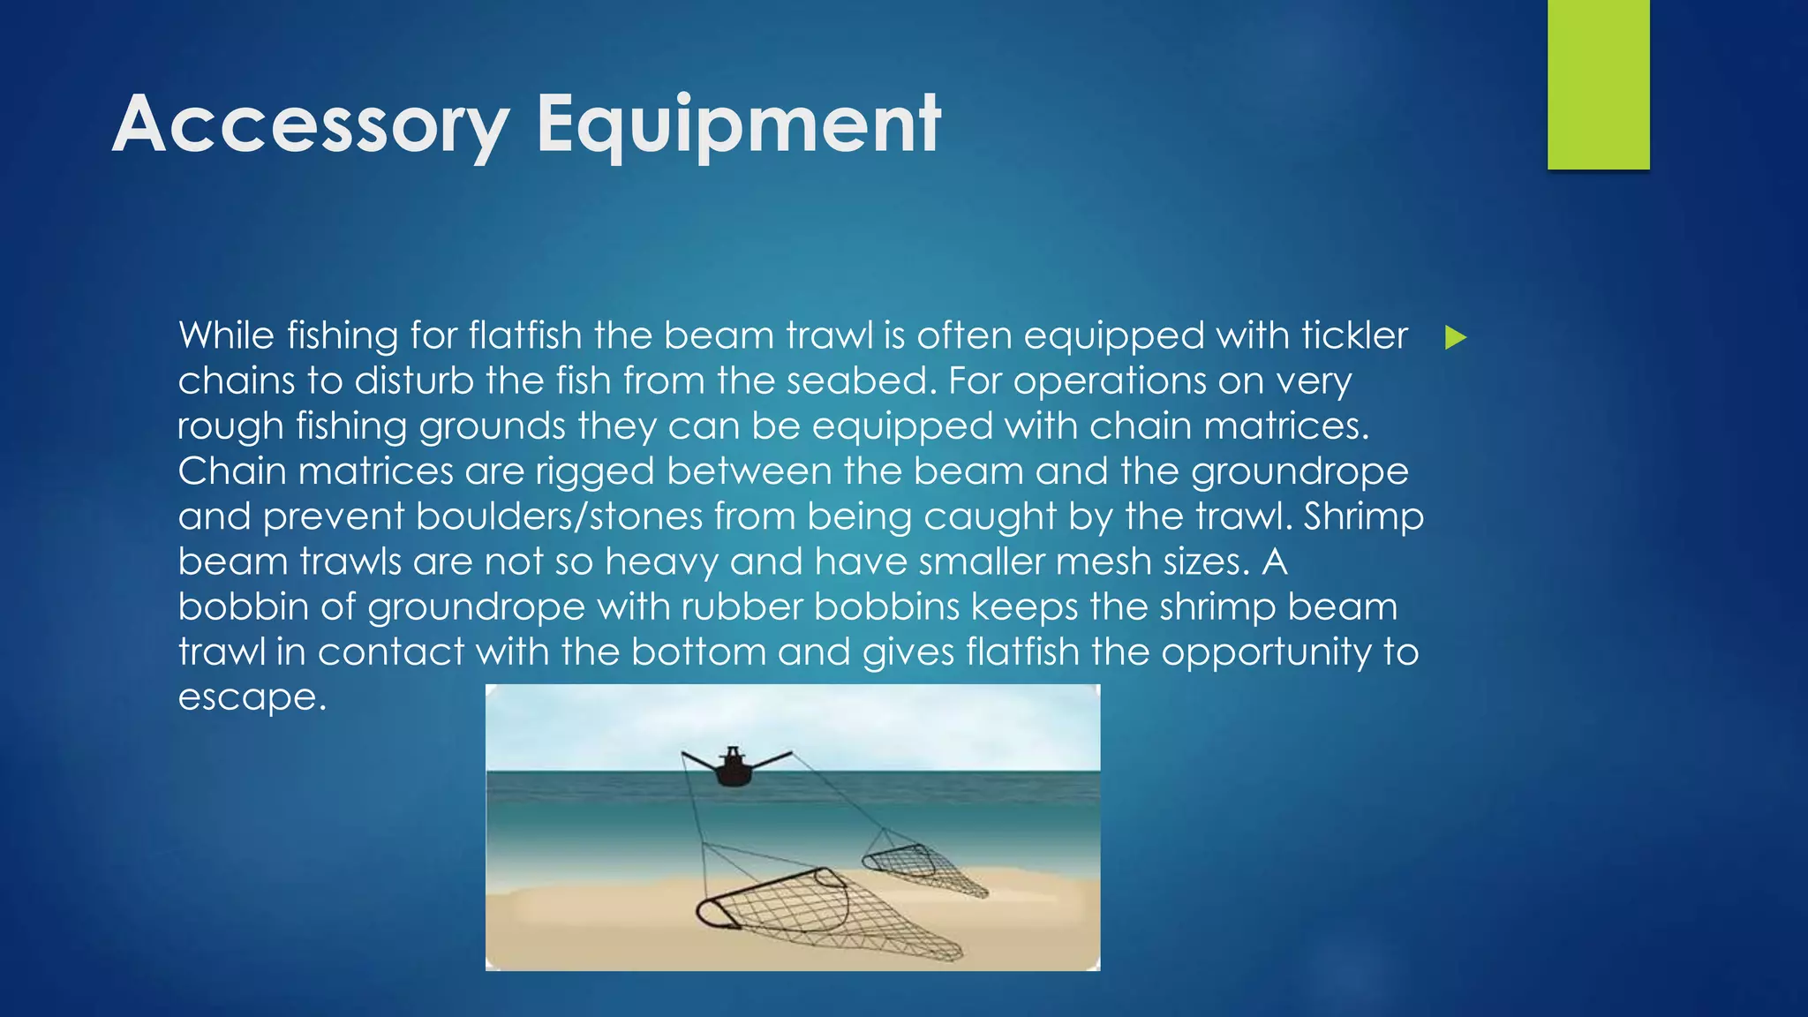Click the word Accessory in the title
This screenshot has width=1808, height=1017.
(x=311, y=125)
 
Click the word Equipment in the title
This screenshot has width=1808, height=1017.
(x=738, y=125)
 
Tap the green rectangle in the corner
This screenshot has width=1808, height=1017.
(x=1598, y=84)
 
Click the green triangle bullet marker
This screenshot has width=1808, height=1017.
(x=1456, y=337)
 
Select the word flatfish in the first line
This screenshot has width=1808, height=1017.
(x=525, y=336)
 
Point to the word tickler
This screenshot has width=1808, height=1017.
(x=1354, y=336)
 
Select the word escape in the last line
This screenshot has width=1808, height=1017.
(x=252, y=697)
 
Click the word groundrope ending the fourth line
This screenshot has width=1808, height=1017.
(x=1299, y=471)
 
